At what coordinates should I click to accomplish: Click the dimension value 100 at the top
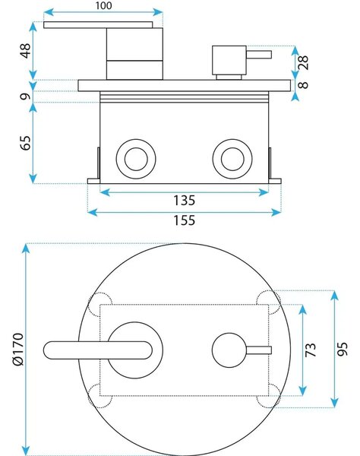[x=103, y=5]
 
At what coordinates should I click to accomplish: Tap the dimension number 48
[x=26, y=51]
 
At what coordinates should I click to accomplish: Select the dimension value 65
[x=26, y=143]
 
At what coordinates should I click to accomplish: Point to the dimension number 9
[x=26, y=97]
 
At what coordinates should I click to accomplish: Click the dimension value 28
[x=303, y=62]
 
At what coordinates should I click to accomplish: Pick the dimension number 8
[x=303, y=84]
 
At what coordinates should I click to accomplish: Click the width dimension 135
[x=184, y=201]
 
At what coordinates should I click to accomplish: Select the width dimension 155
[x=184, y=220]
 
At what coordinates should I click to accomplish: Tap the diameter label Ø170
[x=18, y=350]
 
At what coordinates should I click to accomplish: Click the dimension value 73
[x=311, y=350]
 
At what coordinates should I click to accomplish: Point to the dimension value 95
[x=343, y=349]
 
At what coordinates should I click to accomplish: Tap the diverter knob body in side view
[x=229, y=60]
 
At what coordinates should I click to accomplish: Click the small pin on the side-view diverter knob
[x=259, y=55]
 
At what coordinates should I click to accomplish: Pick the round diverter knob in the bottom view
[x=229, y=350]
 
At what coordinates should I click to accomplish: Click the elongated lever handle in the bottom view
[x=98, y=350]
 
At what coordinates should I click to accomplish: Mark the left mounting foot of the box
[x=93, y=181]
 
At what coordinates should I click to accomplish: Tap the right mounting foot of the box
[x=275, y=181]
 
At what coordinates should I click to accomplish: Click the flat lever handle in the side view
[x=98, y=25]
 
